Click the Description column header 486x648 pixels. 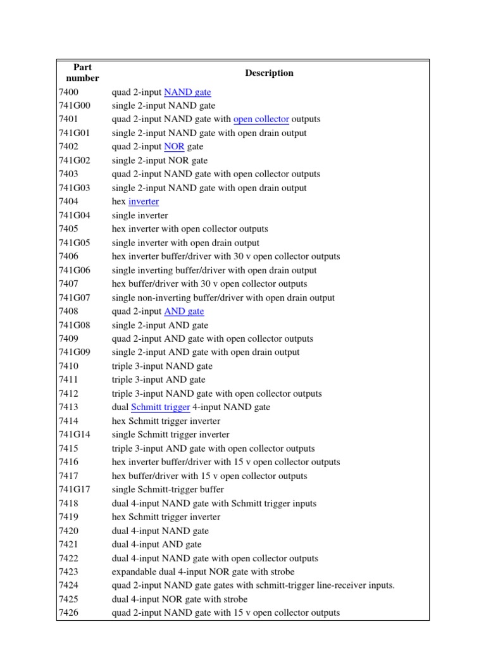coord(269,73)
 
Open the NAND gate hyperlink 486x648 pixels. coord(187,92)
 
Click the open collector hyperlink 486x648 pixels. coord(261,120)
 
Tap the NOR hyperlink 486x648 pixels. coord(173,147)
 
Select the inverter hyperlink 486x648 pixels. coord(143,202)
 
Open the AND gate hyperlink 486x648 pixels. coord(184,311)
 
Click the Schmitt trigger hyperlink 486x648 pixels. coord(160,408)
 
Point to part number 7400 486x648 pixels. coord(68,92)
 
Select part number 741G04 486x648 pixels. coord(74,216)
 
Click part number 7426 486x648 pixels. coord(68,613)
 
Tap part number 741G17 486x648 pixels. coord(74,490)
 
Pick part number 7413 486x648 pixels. coord(68,408)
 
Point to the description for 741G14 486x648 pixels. coord(170,435)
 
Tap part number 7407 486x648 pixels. coord(68,284)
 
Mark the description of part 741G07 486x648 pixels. coord(223,298)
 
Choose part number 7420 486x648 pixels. coord(68,531)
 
